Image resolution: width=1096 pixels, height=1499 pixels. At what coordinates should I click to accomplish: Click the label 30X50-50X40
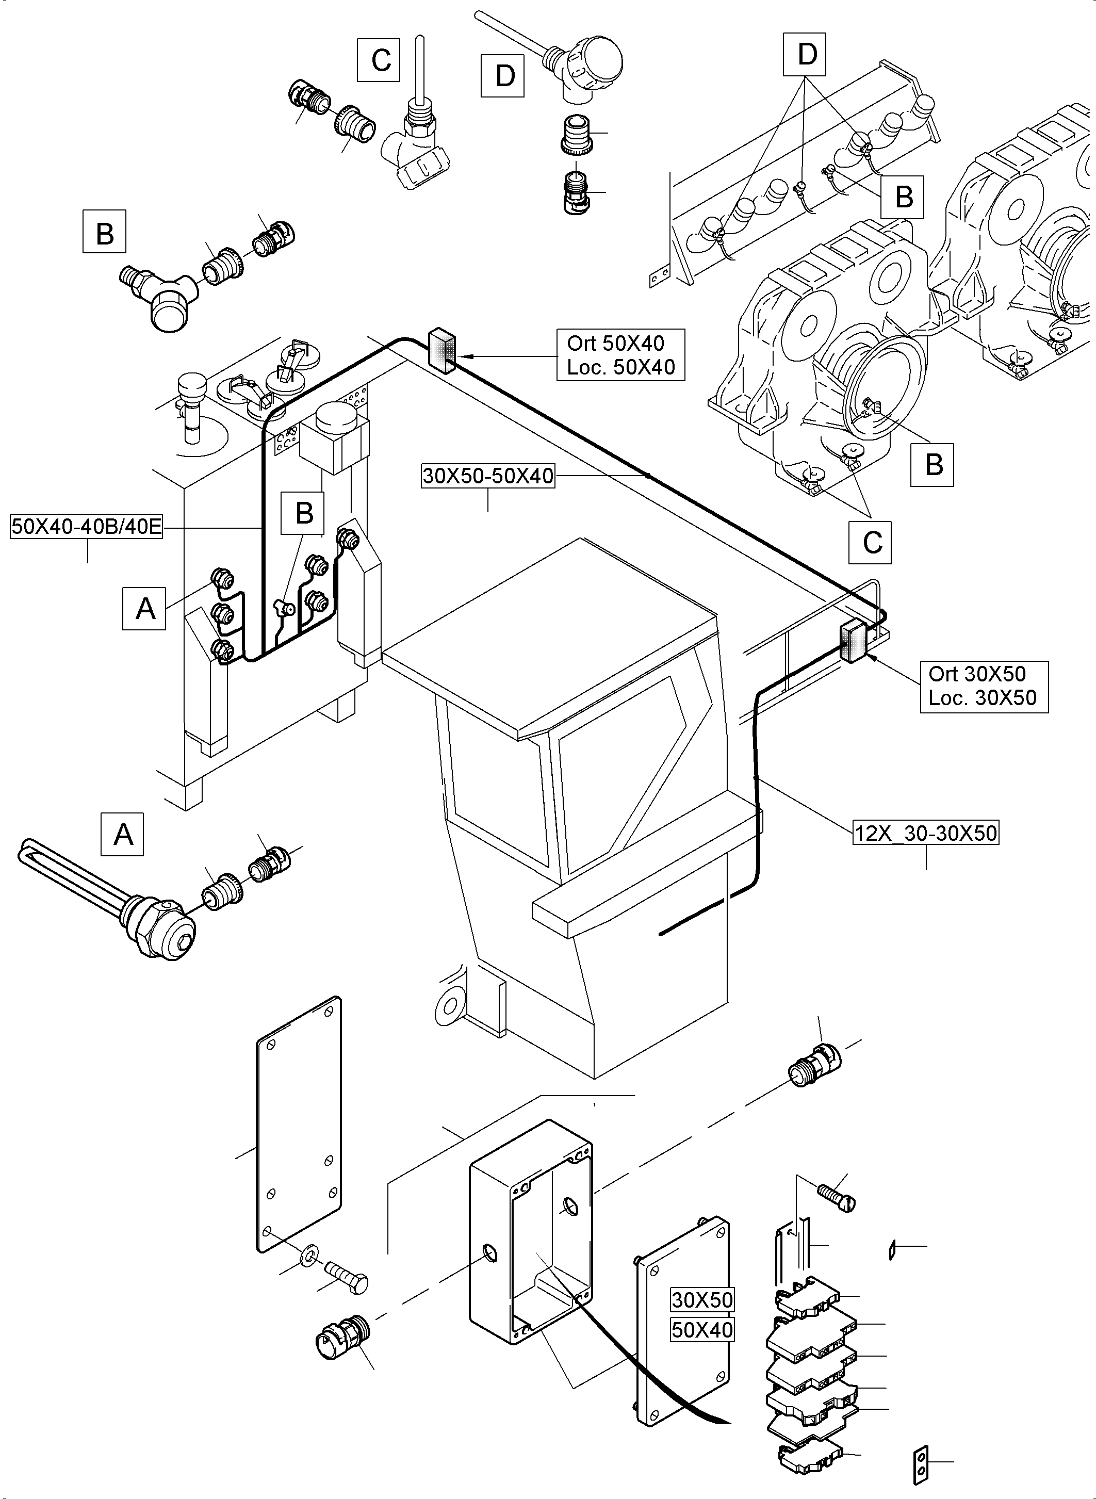(x=487, y=476)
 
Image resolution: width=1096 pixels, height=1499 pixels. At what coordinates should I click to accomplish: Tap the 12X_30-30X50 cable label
(x=925, y=833)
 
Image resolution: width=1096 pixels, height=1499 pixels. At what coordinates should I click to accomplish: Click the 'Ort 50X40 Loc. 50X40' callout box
(x=620, y=355)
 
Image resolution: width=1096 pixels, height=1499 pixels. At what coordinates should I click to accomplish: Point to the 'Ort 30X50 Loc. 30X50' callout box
(x=983, y=686)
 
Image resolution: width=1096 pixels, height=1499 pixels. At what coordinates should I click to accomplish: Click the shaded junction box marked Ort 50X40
(x=441, y=350)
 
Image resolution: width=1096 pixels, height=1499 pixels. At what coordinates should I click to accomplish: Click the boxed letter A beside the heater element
(x=123, y=834)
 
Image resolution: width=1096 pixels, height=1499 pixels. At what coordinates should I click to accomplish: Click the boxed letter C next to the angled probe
(x=379, y=60)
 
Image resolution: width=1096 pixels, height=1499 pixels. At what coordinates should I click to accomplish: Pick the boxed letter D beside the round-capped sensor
(x=502, y=76)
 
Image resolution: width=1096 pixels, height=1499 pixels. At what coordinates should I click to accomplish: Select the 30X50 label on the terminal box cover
(x=702, y=1299)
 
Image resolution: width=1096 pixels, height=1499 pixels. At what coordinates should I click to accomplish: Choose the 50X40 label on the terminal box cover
(x=702, y=1330)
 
